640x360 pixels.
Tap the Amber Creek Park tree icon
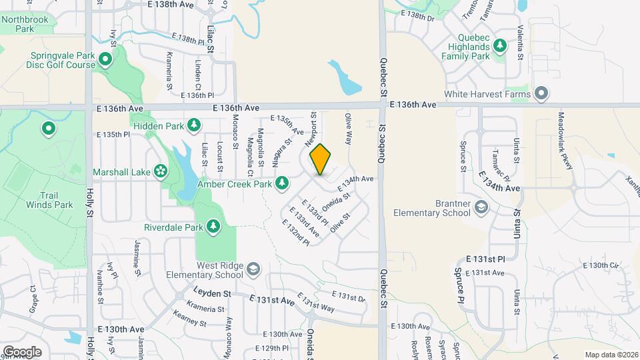tap(282, 182)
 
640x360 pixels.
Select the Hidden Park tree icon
tap(193, 125)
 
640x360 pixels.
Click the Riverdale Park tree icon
tap(213, 227)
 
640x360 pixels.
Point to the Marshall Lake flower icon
tap(160, 171)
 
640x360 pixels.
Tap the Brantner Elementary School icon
tap(481, 209)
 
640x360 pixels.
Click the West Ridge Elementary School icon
tap(253, 269)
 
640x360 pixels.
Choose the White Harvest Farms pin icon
tap(541, 94)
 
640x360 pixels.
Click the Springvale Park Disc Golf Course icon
tap(105, 61)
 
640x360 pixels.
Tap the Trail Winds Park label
tap(49, 200)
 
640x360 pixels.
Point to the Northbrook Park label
tap(25, 24)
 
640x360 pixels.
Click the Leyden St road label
tap(212, 293)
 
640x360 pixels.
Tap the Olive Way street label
tap(348, 129)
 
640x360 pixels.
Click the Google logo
tap(22, 351)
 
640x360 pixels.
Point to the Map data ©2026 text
tap(611, 355)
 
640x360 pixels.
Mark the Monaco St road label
tap(235, 131)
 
